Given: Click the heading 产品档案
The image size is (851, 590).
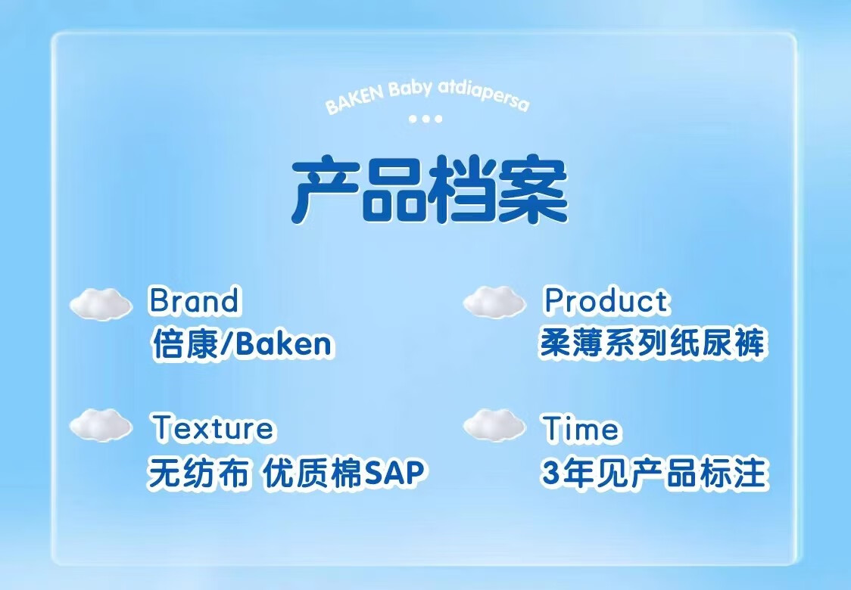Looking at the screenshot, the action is [x=429, y=190].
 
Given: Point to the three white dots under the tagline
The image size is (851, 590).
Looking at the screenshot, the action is [x=425, y=118].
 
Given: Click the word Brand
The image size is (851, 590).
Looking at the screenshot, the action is [x=194, y=300].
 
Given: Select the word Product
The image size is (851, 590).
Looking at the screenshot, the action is [x=606, y=300].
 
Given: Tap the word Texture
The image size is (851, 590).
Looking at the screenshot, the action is [x=213, y=427].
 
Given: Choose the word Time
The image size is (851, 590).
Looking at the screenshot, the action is [x=581, y=428].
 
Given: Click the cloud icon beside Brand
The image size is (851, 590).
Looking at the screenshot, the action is [x=101, y=303].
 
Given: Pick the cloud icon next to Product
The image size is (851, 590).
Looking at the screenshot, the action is [x=494, y=302].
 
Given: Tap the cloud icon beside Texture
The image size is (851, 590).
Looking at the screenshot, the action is [x=101, y=424].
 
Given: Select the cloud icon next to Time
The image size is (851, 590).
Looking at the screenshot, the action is [x=494, y=424].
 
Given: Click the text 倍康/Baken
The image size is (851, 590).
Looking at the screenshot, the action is [x=242, y=344].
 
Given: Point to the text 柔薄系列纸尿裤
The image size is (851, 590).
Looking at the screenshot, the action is [x=653, y=343].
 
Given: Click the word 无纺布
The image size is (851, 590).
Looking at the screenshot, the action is [x=198, y=472].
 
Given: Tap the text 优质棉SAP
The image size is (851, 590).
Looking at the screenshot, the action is [x=344, y=472].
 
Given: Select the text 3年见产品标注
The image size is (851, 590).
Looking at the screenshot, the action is [x=655, y=472].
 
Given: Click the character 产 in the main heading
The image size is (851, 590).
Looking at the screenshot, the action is [x=326, y=190].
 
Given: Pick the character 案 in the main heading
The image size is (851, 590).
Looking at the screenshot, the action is [x=534, y=190].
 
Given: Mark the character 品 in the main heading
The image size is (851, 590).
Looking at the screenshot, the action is [x=395, y=190].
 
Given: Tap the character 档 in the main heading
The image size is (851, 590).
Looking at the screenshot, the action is [x=463, y=190].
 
